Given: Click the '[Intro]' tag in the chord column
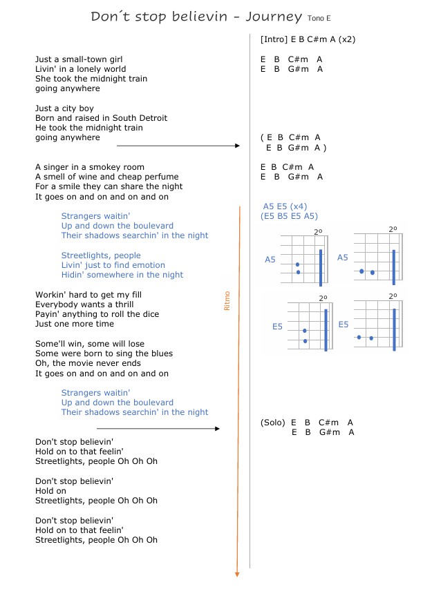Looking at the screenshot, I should point(274,39).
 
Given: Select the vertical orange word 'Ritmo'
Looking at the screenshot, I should point(227,301).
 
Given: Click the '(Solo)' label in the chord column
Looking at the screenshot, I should point(273,423).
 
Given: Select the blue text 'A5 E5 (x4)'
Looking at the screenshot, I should point(285,206).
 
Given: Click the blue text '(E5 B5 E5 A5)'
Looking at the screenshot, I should point(290,216).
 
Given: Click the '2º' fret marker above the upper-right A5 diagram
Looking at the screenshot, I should point(393,229).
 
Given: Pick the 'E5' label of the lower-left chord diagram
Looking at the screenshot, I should point(276,327).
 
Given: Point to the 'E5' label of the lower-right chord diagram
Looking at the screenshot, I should point(344,325).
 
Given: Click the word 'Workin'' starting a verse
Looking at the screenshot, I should point(49,295).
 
